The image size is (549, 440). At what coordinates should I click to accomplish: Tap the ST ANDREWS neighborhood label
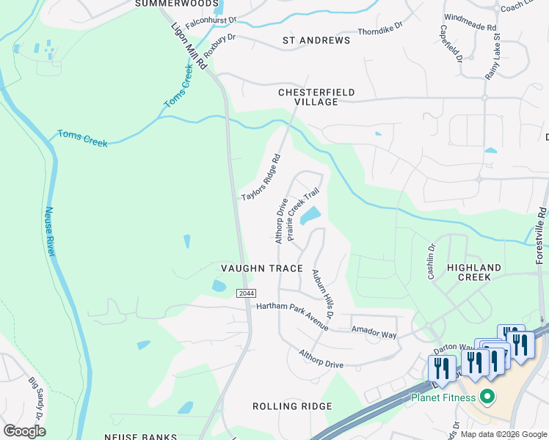click(316, 40)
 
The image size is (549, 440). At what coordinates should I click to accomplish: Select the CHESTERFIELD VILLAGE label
click(316, 97)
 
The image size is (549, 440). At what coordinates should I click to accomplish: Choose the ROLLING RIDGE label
click(292, 406)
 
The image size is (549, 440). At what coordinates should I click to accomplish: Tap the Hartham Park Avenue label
click(291, 315)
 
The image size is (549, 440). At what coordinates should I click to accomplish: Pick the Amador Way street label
click(374, 332)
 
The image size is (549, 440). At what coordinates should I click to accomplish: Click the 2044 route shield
click(245, 293)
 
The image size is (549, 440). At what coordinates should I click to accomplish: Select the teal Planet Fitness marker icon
click(485, 398)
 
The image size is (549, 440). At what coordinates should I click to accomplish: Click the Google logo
click(24, 430)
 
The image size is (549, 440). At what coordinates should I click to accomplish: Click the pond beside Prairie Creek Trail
click(310, 216)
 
